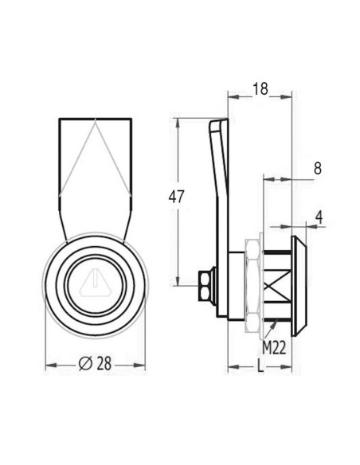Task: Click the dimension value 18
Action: [260, 88]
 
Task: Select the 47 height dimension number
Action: [177, 197]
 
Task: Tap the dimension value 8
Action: [317, 169]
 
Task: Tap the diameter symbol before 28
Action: [85, 363]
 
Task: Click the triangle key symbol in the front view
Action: [94, 283]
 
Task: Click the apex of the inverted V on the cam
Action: [93, 121]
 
